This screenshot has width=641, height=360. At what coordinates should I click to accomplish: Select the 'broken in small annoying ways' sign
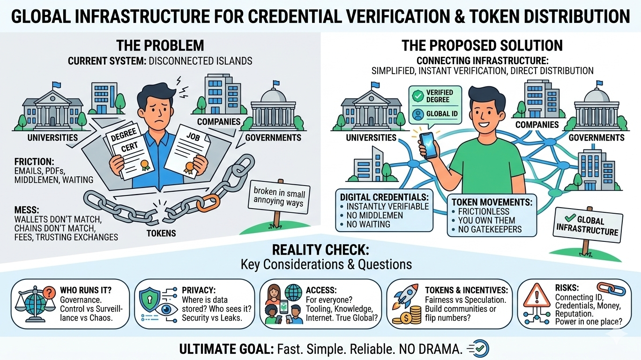[x=279, y=197]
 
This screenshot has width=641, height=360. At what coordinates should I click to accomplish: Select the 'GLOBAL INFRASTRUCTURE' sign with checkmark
[x=587, y=226]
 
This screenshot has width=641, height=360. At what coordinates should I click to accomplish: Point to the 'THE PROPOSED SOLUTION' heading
[x=482, y=45]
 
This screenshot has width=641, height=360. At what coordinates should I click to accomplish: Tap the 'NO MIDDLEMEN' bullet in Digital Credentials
[x=374, y=215]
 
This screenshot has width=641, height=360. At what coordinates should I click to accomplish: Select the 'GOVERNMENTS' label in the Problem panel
[x=273, y=137]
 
